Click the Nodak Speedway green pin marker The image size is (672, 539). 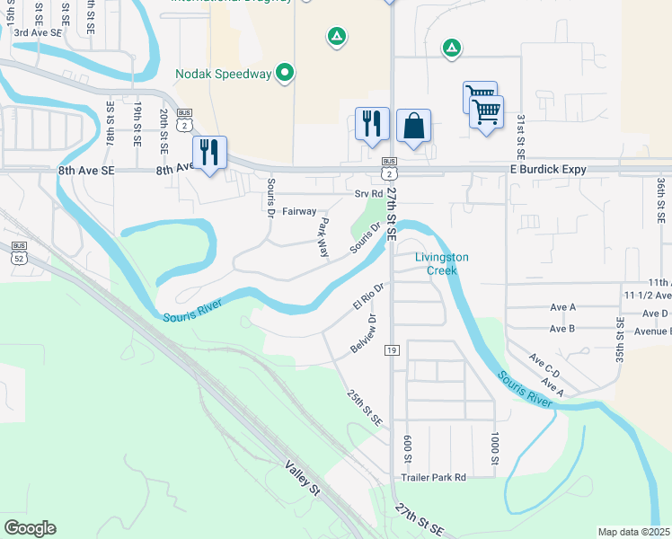click(x=285, y=73)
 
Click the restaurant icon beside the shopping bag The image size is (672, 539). click(x=372, y=124)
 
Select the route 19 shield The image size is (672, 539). click(x=392, y=349)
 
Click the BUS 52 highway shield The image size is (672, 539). click(x=19, y=253)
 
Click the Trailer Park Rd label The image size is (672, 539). click(x=435, y=478)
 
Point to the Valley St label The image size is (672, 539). click(x=303, y=477)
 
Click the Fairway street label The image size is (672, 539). click(x=299, y=212)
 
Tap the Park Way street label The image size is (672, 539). click(x=323, y=237)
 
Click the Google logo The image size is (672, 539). click(x=30, y=528)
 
